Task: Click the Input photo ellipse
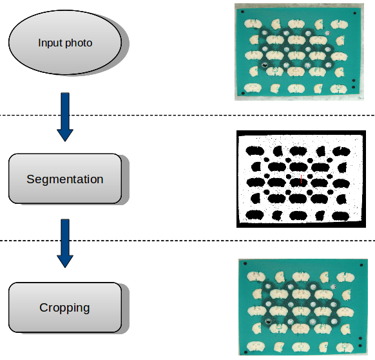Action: pyautogui.click(x=65, y=43)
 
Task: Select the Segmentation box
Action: pyautogui.click(x=65, y=179)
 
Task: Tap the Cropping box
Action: pyautogui.click(x=65, y=308)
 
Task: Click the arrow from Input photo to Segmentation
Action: pyautogui.click(x=65, y=117)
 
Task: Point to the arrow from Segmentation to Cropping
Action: pyautogui.click(x=65, y=243)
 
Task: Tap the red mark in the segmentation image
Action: pyautogui.click(x=301, y=179)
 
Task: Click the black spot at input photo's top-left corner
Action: pyautogui.click(x=242, y=12)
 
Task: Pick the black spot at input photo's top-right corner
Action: pyautogui.click(x=354, y=13)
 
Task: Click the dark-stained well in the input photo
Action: pyautogui.click(x=265, y=65)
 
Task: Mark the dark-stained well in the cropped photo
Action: pyautogui.click(x=268, y=321)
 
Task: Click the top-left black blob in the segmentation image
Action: pyautogui.click(x=255, y=151)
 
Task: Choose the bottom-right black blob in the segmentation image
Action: pyautogui.click(x=341, y=216)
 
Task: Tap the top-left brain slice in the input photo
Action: pyautogui.click(x=253, y=24)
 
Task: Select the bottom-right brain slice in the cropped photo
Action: pyautogui.click(x=345, y=347)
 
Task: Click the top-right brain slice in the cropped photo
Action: pyautogui.click(x=345, y=277)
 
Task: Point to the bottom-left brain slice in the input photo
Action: pyautogui.click(x=253, y=88)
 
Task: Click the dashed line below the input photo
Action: pyautogui.click(x=187, y=115)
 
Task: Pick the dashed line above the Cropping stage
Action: pyautogui.click(x=187, y=241)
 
